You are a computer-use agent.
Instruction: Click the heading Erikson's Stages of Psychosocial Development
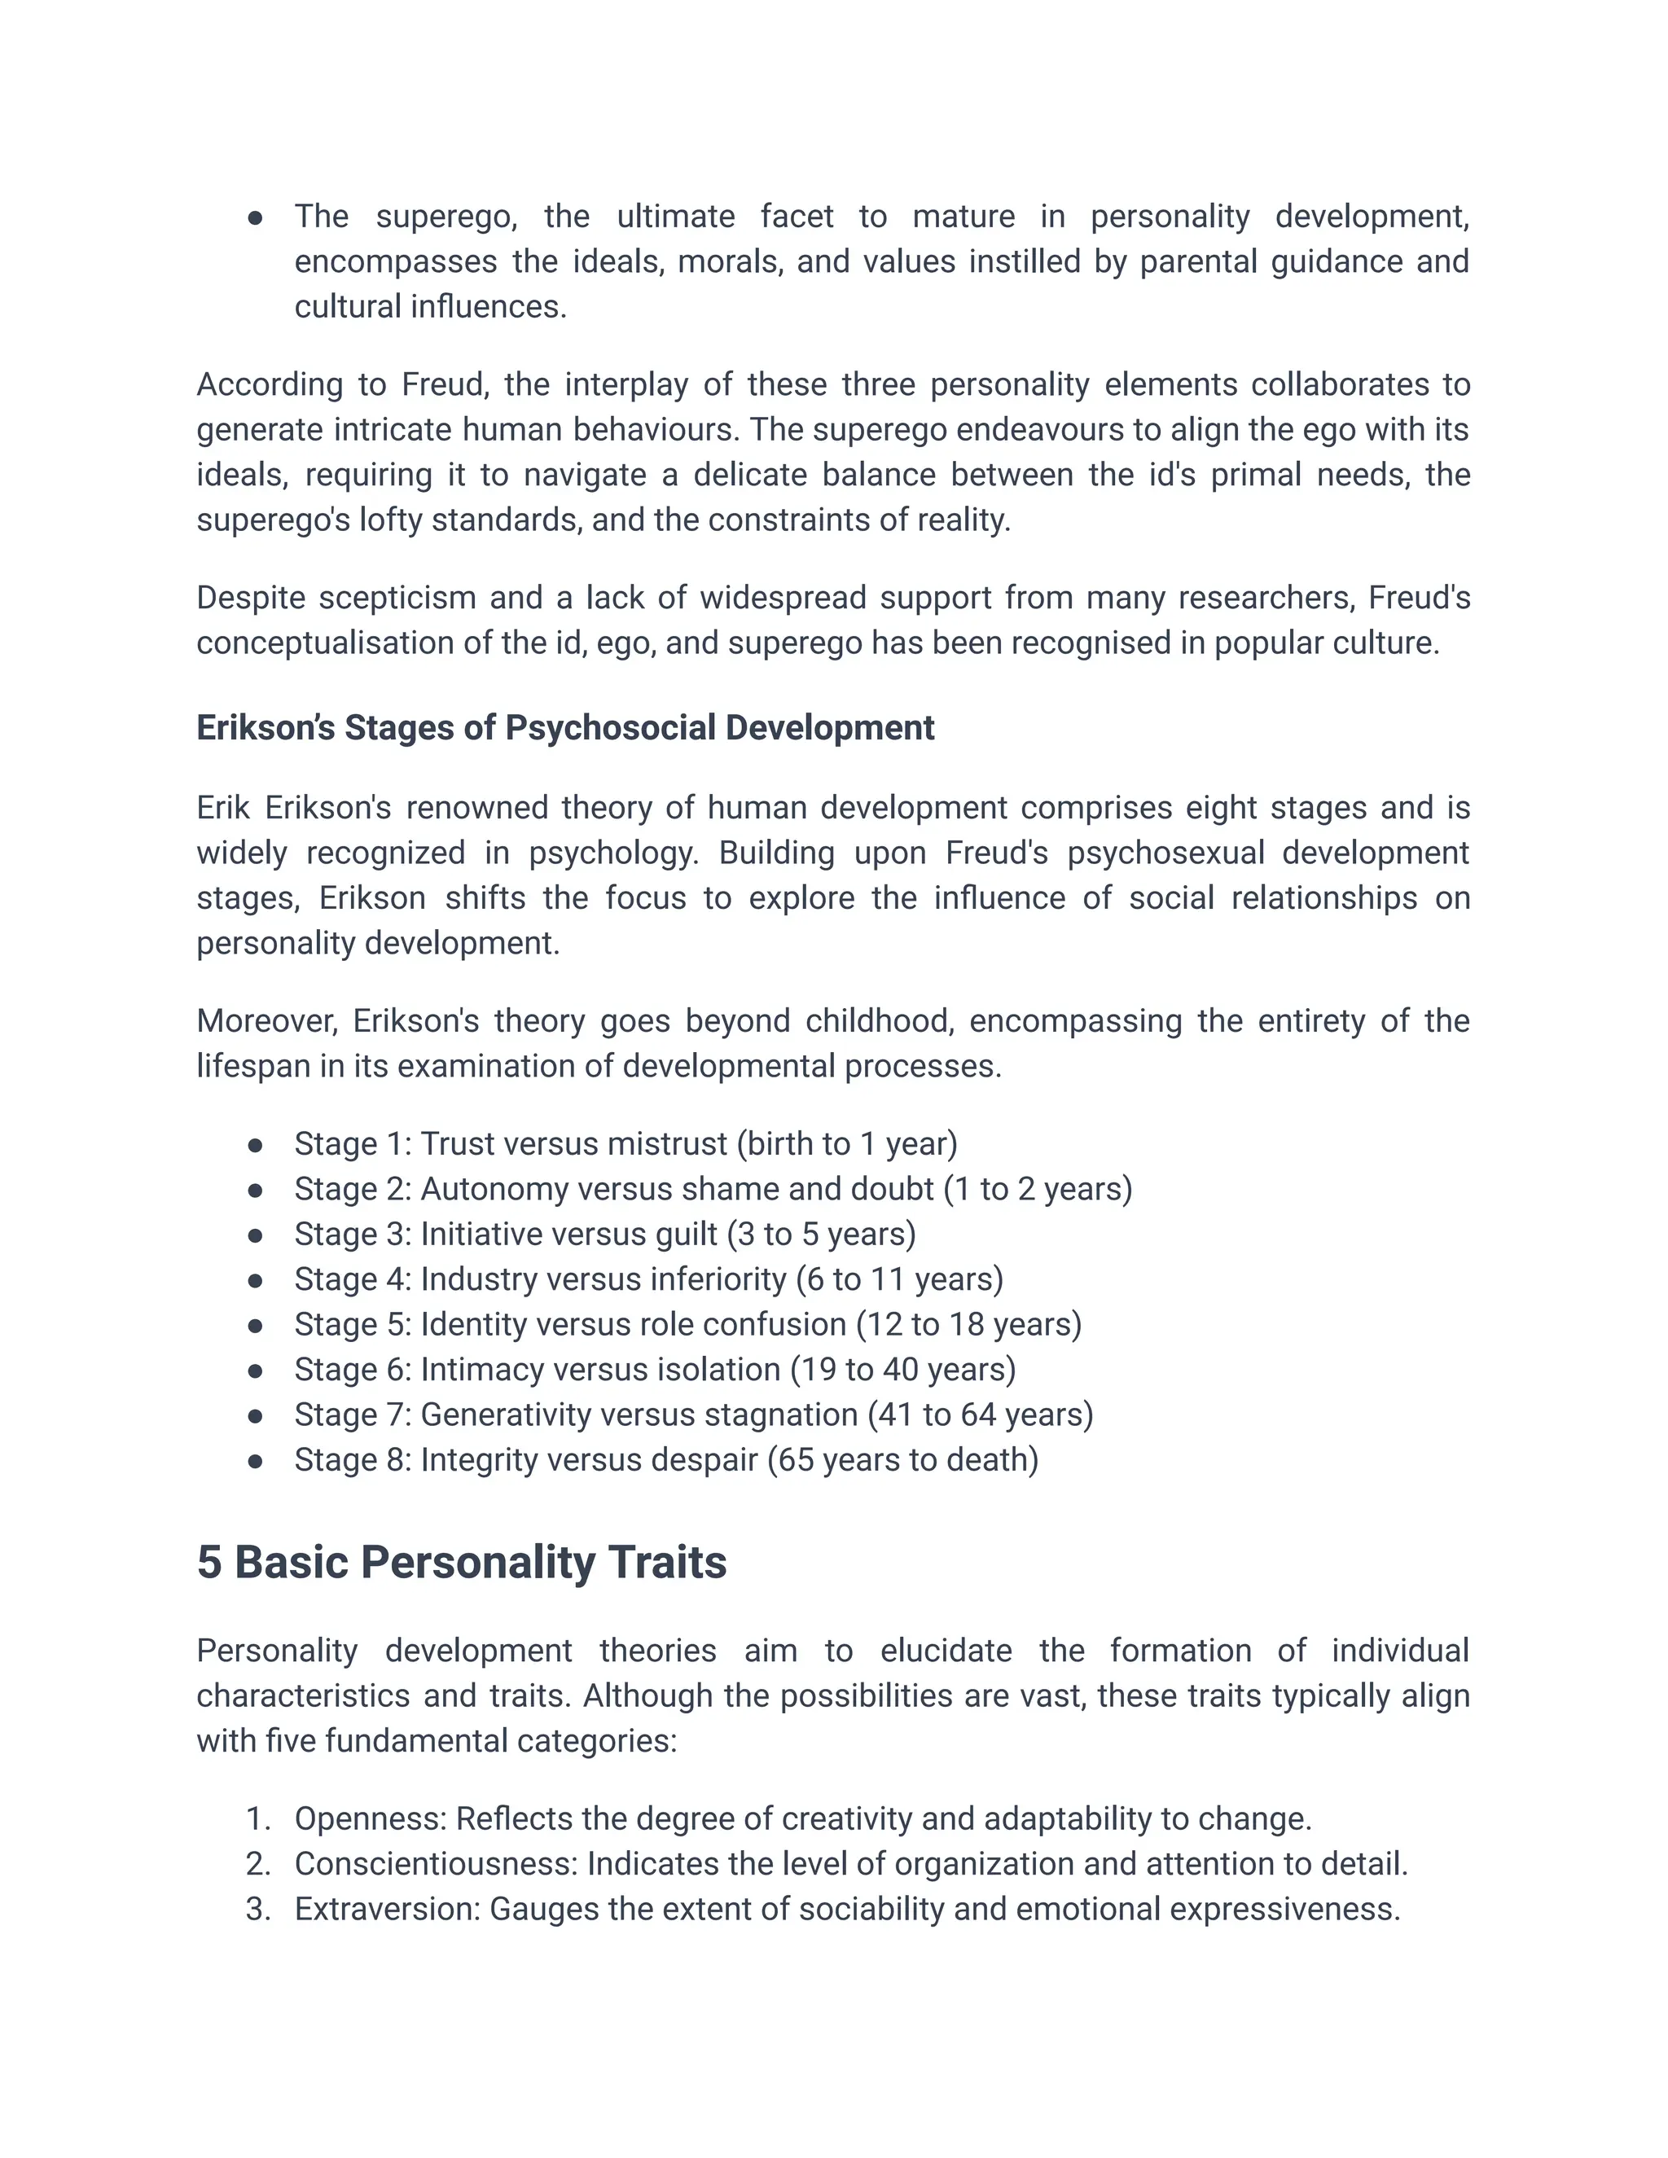coord(564,727)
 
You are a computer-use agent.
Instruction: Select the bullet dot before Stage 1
coord(255,1144)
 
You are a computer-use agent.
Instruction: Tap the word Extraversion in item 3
coord(386,1909)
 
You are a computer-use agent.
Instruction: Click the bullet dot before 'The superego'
coord(255,217)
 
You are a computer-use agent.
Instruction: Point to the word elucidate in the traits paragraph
coord(946,1651)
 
